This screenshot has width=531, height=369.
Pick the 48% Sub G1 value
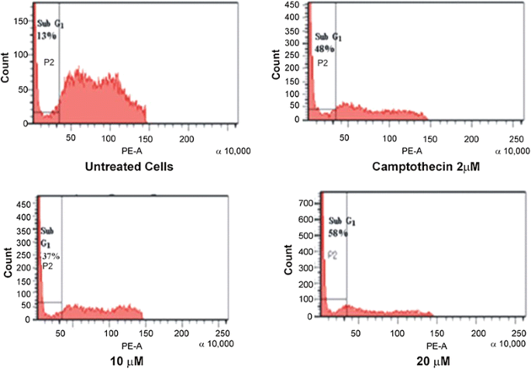pyautogui.click(x=323, y=49)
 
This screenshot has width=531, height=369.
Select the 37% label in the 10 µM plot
pyautogui.click(x=50, y=257)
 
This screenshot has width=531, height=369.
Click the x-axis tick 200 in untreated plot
pyautogui.click(x=186, y=137)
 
